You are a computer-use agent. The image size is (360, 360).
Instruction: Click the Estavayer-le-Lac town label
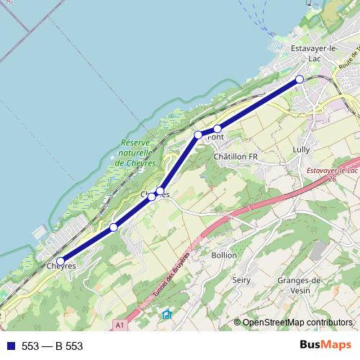click(x=313, y=53)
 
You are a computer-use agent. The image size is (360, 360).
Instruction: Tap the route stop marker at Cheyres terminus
click(x=60, y=261)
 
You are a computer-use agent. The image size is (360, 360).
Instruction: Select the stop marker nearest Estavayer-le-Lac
click(x=300, y=79)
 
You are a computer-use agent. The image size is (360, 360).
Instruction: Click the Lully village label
click(x=301, y=149)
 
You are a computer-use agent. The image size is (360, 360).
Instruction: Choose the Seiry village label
click(x=240, y=279)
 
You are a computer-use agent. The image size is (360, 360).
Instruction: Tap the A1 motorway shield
click(x=119, y=325)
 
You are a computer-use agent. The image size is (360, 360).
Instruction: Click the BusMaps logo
click(x=325, y=346)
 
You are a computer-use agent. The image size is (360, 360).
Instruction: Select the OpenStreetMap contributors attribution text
click(x=297, y=322)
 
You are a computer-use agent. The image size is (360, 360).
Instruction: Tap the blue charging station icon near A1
click(x=167, y=314)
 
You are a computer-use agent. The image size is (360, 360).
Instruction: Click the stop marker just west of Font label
click(x=199, y=135)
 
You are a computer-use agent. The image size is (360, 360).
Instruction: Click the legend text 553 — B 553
click(x=52, y=346)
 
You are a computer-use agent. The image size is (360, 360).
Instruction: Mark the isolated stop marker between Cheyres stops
click(x=114, y=228)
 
